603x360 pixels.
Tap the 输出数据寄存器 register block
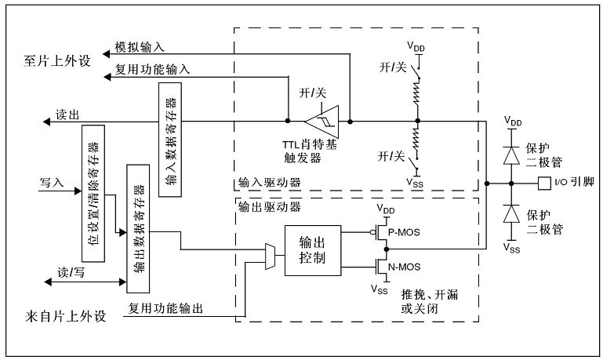point(138,228)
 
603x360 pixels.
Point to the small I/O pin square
point(544,183)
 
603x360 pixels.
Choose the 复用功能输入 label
point(152,70)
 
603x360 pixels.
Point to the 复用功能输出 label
point(166,309)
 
